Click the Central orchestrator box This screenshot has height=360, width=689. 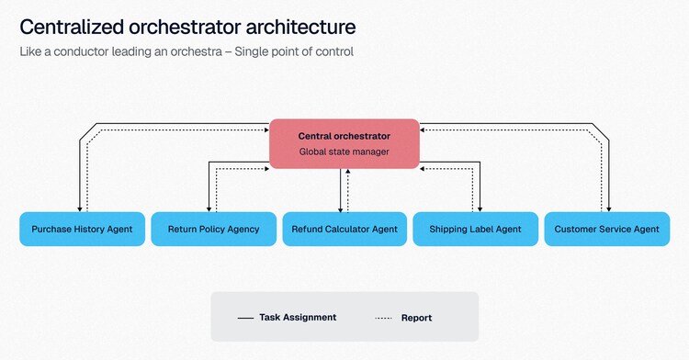click(344, 143)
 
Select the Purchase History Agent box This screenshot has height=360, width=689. click(82, 229)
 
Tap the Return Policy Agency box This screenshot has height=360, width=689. click(213, 229)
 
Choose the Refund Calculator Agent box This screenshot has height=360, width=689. click(344, 229)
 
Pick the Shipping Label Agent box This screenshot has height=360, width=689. click(476, 229)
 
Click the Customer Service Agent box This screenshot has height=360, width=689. click(607, 229)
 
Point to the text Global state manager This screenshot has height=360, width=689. click(344, 152)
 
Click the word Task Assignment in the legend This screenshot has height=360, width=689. click(298, 317)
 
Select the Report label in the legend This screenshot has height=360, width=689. click(416, 318)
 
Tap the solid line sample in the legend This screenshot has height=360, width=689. click(245, 318)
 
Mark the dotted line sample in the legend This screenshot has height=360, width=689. click(384, 318)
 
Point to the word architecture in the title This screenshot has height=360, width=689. click(300, 27)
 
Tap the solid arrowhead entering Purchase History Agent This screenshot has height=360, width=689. click(80, 209)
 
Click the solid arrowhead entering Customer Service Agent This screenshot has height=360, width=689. click(608, 209)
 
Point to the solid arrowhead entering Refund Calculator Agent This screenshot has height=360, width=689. click(340, 209)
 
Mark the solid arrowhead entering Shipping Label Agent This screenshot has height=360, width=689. click(480, 209)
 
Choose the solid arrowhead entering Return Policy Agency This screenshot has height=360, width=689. click(209, 209)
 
